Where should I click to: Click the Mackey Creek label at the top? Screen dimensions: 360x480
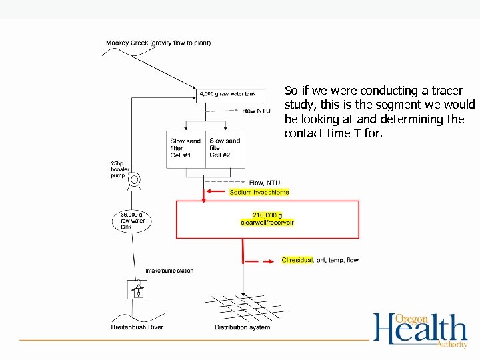158,43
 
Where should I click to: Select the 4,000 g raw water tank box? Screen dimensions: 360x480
227,94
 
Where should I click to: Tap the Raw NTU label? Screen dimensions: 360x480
255,111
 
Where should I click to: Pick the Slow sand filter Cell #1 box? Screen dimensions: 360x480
186,149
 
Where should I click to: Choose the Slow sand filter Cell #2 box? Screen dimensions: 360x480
225,149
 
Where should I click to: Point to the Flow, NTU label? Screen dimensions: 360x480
264,183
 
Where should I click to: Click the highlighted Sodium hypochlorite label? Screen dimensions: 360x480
259,192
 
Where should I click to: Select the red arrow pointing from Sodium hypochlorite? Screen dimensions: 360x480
217,192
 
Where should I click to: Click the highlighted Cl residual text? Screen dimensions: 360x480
297,260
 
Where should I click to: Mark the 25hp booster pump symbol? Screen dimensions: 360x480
135,180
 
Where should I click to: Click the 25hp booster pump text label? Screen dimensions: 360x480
121,169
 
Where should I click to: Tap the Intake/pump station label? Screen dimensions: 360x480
169,271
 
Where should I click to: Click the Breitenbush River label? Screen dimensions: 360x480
137,327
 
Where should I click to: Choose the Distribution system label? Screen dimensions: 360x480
242,327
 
